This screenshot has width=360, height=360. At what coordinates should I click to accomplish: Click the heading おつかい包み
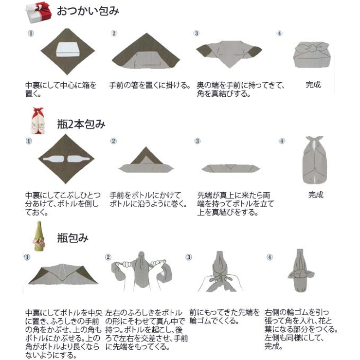[x=88, y=11]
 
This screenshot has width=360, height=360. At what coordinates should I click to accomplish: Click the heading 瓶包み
[x=72, y=238]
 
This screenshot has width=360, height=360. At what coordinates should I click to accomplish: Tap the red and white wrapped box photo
[x=38, y=11]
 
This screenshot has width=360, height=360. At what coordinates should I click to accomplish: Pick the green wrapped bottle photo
[x=38, y=235]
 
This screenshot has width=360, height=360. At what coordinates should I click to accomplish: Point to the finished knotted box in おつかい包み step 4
[x=311, y=54]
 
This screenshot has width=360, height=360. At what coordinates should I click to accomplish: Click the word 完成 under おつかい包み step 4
[x=313, y=85]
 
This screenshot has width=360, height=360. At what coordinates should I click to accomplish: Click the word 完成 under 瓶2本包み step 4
[x=316, y=195]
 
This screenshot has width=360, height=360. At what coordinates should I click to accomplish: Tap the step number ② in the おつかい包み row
[x=114, y=34]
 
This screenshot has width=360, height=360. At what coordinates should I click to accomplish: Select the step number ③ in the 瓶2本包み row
[x=198, y=141]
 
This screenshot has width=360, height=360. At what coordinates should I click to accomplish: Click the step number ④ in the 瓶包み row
[x=270, y=257]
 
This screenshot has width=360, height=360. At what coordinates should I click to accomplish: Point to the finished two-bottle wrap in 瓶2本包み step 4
[x=314, y=161]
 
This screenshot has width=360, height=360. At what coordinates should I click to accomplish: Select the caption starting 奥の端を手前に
[x=240, y=90]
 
